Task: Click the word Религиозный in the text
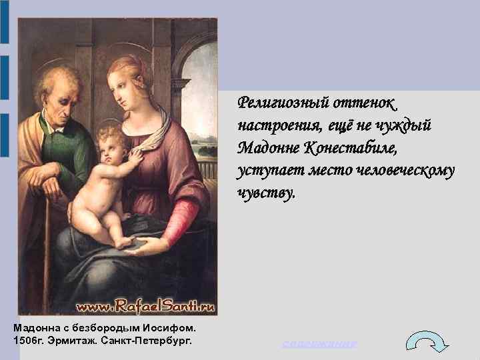coord(277,103)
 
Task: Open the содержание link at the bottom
coord(319,343)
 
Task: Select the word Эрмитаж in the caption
coord(77,341)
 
